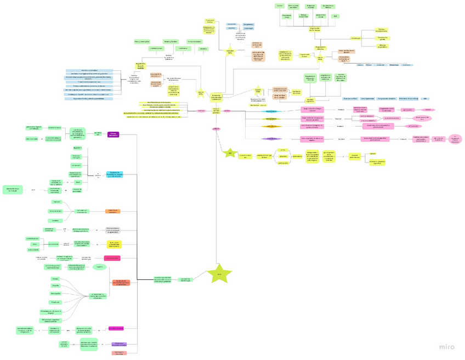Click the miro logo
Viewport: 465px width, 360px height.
[446, 346]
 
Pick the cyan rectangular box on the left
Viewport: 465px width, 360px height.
[115, 175]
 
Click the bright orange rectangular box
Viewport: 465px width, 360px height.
[113, 211]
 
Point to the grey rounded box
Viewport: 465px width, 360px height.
[113, 230]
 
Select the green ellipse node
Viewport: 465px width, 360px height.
[99, 267]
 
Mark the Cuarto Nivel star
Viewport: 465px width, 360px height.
[258, 90]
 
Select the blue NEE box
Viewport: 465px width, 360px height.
[426, 99]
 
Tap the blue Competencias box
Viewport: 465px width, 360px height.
[248, 24]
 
